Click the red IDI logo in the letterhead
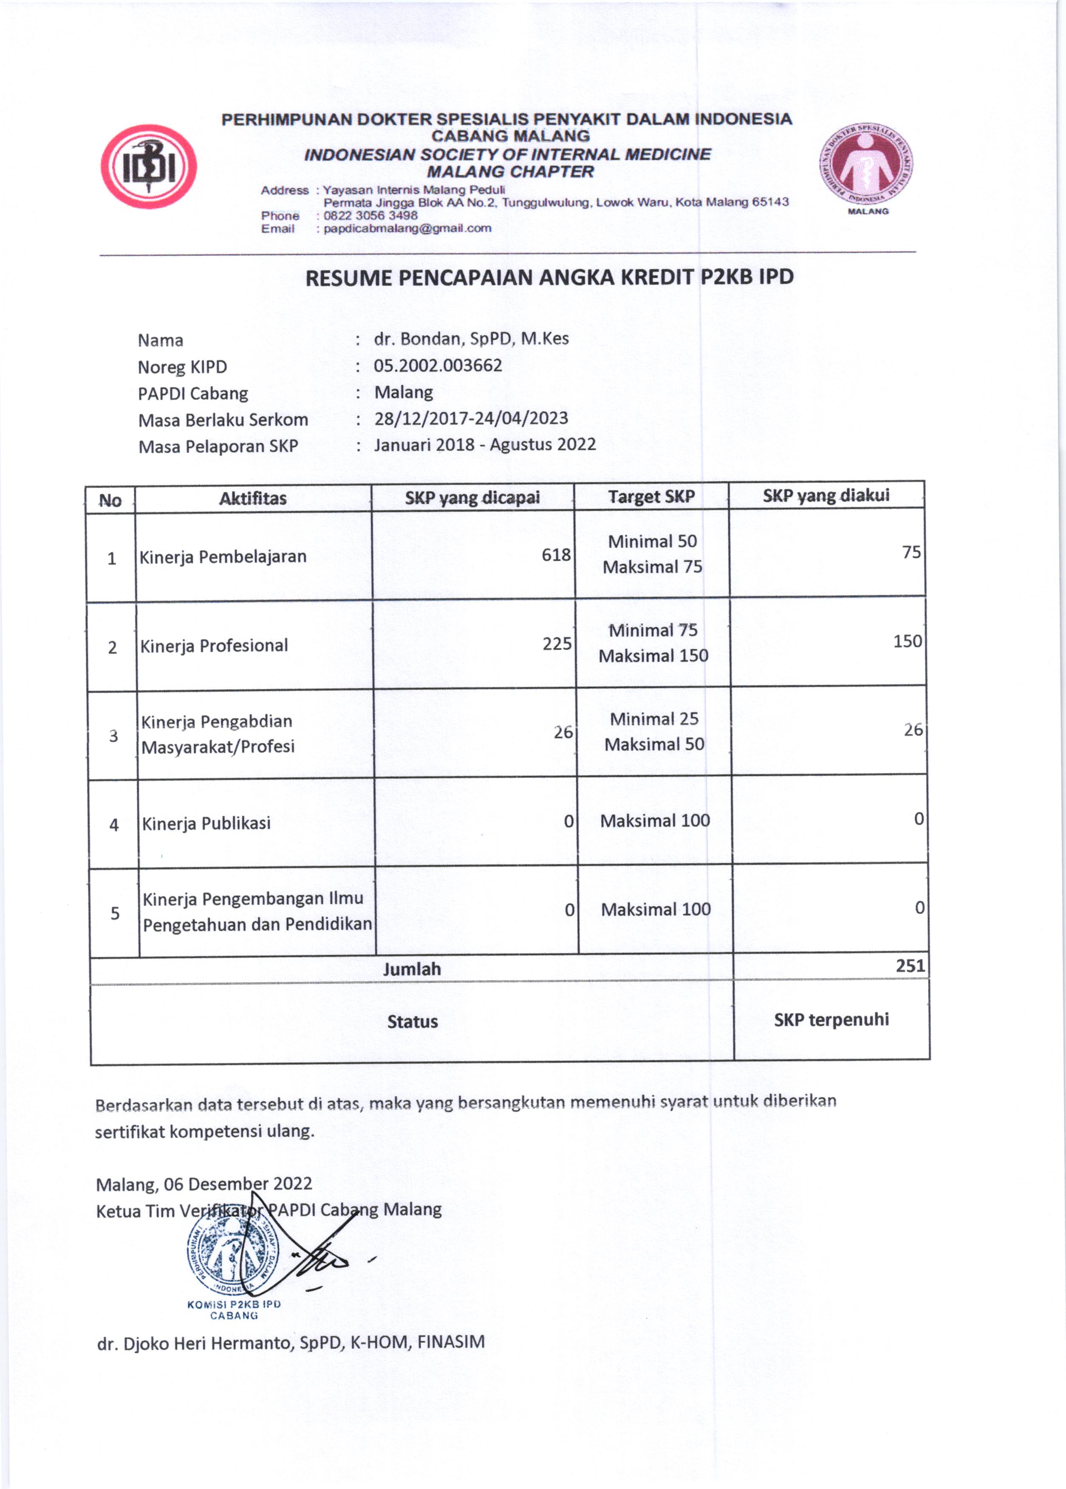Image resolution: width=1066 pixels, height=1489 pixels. click(x=148, y=167)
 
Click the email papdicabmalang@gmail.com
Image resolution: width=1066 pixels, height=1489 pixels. click(x=407, y=229)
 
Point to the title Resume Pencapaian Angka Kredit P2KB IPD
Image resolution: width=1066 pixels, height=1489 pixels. click(x=549, y=277)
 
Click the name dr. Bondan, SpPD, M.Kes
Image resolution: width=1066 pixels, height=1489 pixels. click(x=471, y=339)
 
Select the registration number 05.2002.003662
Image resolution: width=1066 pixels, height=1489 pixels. click(x=438, y=365)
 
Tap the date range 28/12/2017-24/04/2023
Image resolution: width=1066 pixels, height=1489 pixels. click(x=471, y=418)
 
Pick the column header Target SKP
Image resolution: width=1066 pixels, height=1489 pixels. click(x=651, y=497)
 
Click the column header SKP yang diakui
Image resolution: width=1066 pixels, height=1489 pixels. click(x=826, y=495)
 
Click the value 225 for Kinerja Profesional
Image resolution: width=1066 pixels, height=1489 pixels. click(x=557, y=644)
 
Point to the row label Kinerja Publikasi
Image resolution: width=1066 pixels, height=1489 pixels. click(x=206, y=824)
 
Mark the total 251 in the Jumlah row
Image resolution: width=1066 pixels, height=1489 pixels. click(x=910, y=966)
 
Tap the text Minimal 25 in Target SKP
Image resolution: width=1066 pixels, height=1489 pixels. click(x=654, y=719)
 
